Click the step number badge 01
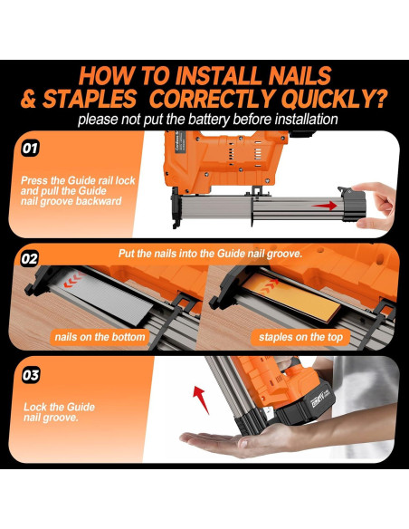(x=30, y=149)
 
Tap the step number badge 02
(x=29, y=259)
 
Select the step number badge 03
(x=31, y=375)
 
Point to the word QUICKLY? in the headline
(x=334, y=99)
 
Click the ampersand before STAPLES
(x=29, y=100)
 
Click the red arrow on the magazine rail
(x=324, y=206)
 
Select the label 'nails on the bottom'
(x=100, y=337)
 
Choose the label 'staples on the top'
(x=300, y=337)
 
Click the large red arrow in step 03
(x=201, y=399)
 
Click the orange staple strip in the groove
(x=291, y=296)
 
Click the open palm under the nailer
(x=233, y=443)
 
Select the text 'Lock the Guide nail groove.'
(x=59, y=412)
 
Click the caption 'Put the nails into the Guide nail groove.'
(x=210, y=254)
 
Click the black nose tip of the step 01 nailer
(x=175, y=223)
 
